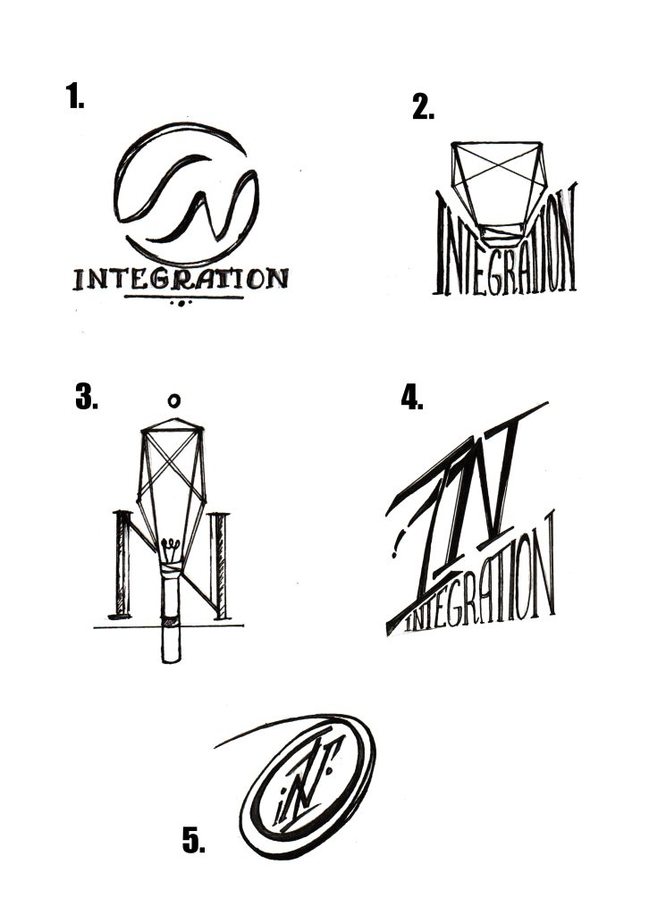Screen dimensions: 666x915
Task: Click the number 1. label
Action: click(x=75, y=96)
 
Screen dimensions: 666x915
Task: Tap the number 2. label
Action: click(x=423, y=107)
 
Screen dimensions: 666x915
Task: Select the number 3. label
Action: click(x=87, y=397)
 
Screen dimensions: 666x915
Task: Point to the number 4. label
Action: click(x=412, y=397)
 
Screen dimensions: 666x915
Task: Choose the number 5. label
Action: click(x=194, y=840)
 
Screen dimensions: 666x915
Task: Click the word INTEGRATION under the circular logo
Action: click(x=181, y=280)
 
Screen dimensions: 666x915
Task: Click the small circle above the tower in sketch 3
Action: click(x=173, y=401)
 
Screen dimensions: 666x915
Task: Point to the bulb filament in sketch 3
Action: click(x=170, y=546)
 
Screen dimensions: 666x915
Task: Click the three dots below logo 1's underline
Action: click(x=181, y=304)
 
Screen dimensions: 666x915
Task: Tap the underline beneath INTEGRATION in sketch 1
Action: click(x=183, y=297)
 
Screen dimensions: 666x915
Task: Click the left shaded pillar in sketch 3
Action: click(x=122, y=563)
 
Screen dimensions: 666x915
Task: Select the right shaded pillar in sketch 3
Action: click(x=221, y=565)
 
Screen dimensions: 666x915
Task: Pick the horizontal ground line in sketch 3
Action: click(x=168, y=626)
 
